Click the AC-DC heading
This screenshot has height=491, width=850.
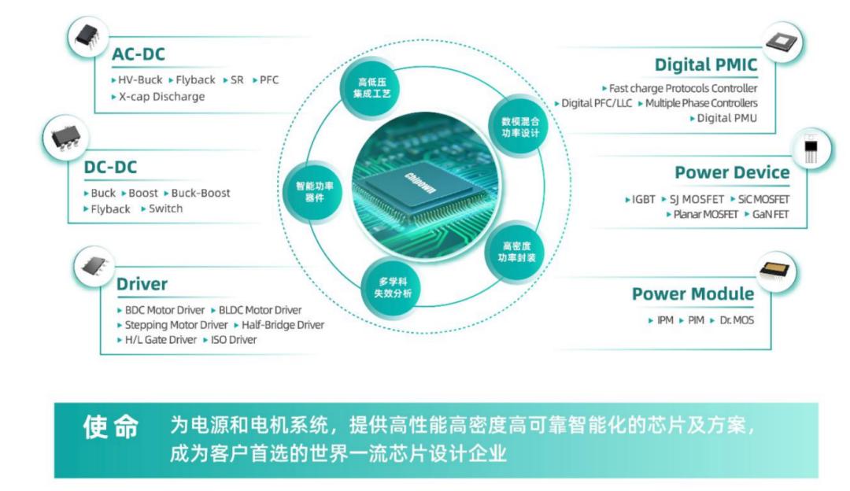coord(139,54)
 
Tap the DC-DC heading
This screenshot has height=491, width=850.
coord(110,167)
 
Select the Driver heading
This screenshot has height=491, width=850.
coord(142,284)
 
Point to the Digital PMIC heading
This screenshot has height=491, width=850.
coord(706,65)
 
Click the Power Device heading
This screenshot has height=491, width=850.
coord(732,172)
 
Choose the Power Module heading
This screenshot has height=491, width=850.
coord(693,293)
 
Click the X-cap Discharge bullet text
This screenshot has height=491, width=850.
coord(161,97)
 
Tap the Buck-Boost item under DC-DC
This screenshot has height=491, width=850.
coord(201,193)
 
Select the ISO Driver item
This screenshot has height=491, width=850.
coord(234,340)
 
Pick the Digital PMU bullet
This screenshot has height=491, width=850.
coord(727,118)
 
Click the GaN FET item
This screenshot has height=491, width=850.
coord(771,215)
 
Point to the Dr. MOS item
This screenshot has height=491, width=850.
coord(737,320)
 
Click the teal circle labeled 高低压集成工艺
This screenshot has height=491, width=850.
coord(371,88)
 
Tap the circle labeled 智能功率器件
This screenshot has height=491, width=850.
coord(314,192)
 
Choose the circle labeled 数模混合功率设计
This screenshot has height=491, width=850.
coord(520,127)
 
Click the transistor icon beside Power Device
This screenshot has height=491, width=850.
coord(811,149)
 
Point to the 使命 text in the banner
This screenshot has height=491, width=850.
coord(111,427)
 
